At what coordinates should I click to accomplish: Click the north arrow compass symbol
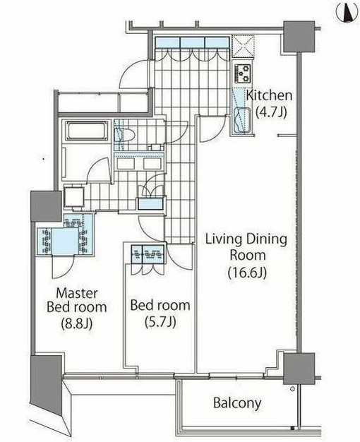348,13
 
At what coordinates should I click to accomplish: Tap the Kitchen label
269,95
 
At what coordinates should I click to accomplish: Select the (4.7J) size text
271,112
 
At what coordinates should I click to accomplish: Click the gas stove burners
243,73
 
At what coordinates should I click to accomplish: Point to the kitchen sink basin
242,120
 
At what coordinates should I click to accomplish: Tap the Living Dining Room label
246,247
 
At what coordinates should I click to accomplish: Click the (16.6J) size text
247,272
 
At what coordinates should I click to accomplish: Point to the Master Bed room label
77,300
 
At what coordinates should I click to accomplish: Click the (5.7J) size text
160,322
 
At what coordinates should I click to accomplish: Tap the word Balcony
237,403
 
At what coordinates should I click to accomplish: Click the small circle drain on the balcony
292,389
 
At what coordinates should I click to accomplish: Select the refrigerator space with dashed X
244,47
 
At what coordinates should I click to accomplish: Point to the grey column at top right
299,37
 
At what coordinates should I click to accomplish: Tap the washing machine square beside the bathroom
74,197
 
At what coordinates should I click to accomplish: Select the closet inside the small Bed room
148,254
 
